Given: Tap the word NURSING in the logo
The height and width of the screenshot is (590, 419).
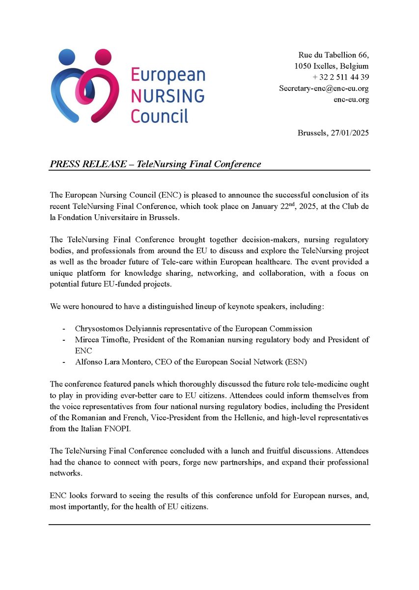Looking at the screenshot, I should (168, 95).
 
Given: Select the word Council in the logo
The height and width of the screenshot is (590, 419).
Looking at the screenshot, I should (160, 116).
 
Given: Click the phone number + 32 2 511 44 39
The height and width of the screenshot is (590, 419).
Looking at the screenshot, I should (340, 77).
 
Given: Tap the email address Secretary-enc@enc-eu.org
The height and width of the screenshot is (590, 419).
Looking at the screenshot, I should (324, 88).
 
